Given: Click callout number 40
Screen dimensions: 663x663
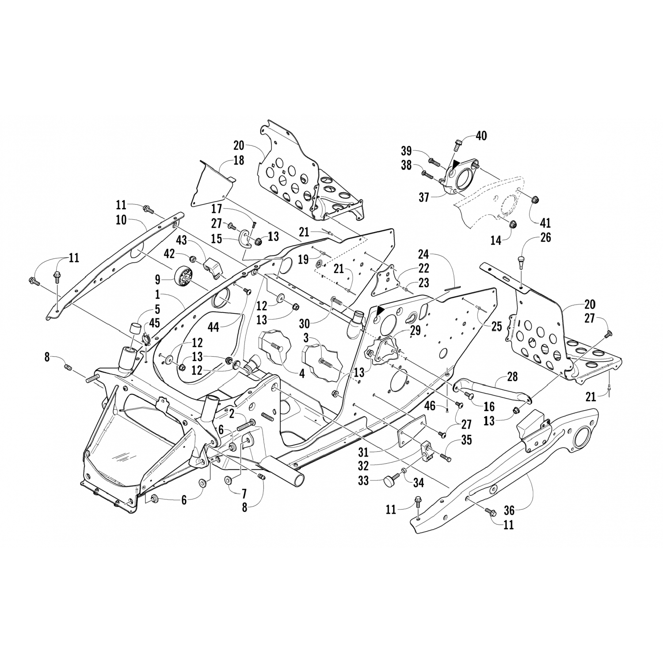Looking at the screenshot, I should (x=481, y=136).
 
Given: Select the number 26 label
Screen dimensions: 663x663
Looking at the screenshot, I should (x=545, y=237).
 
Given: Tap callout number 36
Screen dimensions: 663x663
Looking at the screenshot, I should (x=509, y=511).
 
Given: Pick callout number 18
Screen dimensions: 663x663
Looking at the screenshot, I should (x=239, y=160).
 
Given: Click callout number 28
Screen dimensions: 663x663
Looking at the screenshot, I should (x=512, y=377).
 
